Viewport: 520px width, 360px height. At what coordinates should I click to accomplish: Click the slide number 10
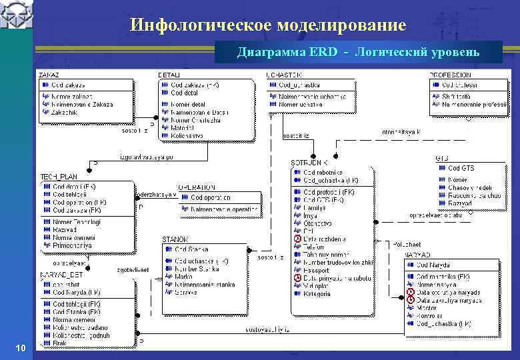click(x=21, y=348)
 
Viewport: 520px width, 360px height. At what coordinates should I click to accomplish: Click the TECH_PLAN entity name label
click(x=56, y=176)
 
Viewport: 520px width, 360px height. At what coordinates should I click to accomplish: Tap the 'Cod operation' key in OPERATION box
click(x=210, y=197)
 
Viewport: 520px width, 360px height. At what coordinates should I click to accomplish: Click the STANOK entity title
click(x=175, y=239)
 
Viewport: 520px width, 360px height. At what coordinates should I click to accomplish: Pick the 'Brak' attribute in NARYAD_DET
click(x=61, y=343)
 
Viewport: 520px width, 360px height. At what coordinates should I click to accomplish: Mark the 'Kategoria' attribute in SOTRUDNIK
click(x=317, y=294)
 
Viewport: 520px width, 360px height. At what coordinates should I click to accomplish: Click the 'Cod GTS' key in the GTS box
click(x=461, y=169)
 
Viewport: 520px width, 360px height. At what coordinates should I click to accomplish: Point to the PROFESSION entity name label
click(x=452, y=74)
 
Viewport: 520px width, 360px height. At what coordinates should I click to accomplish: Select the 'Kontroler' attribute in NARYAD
click(x=429, y=316)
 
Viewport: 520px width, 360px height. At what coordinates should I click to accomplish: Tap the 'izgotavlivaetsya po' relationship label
click(x=147, y=157)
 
